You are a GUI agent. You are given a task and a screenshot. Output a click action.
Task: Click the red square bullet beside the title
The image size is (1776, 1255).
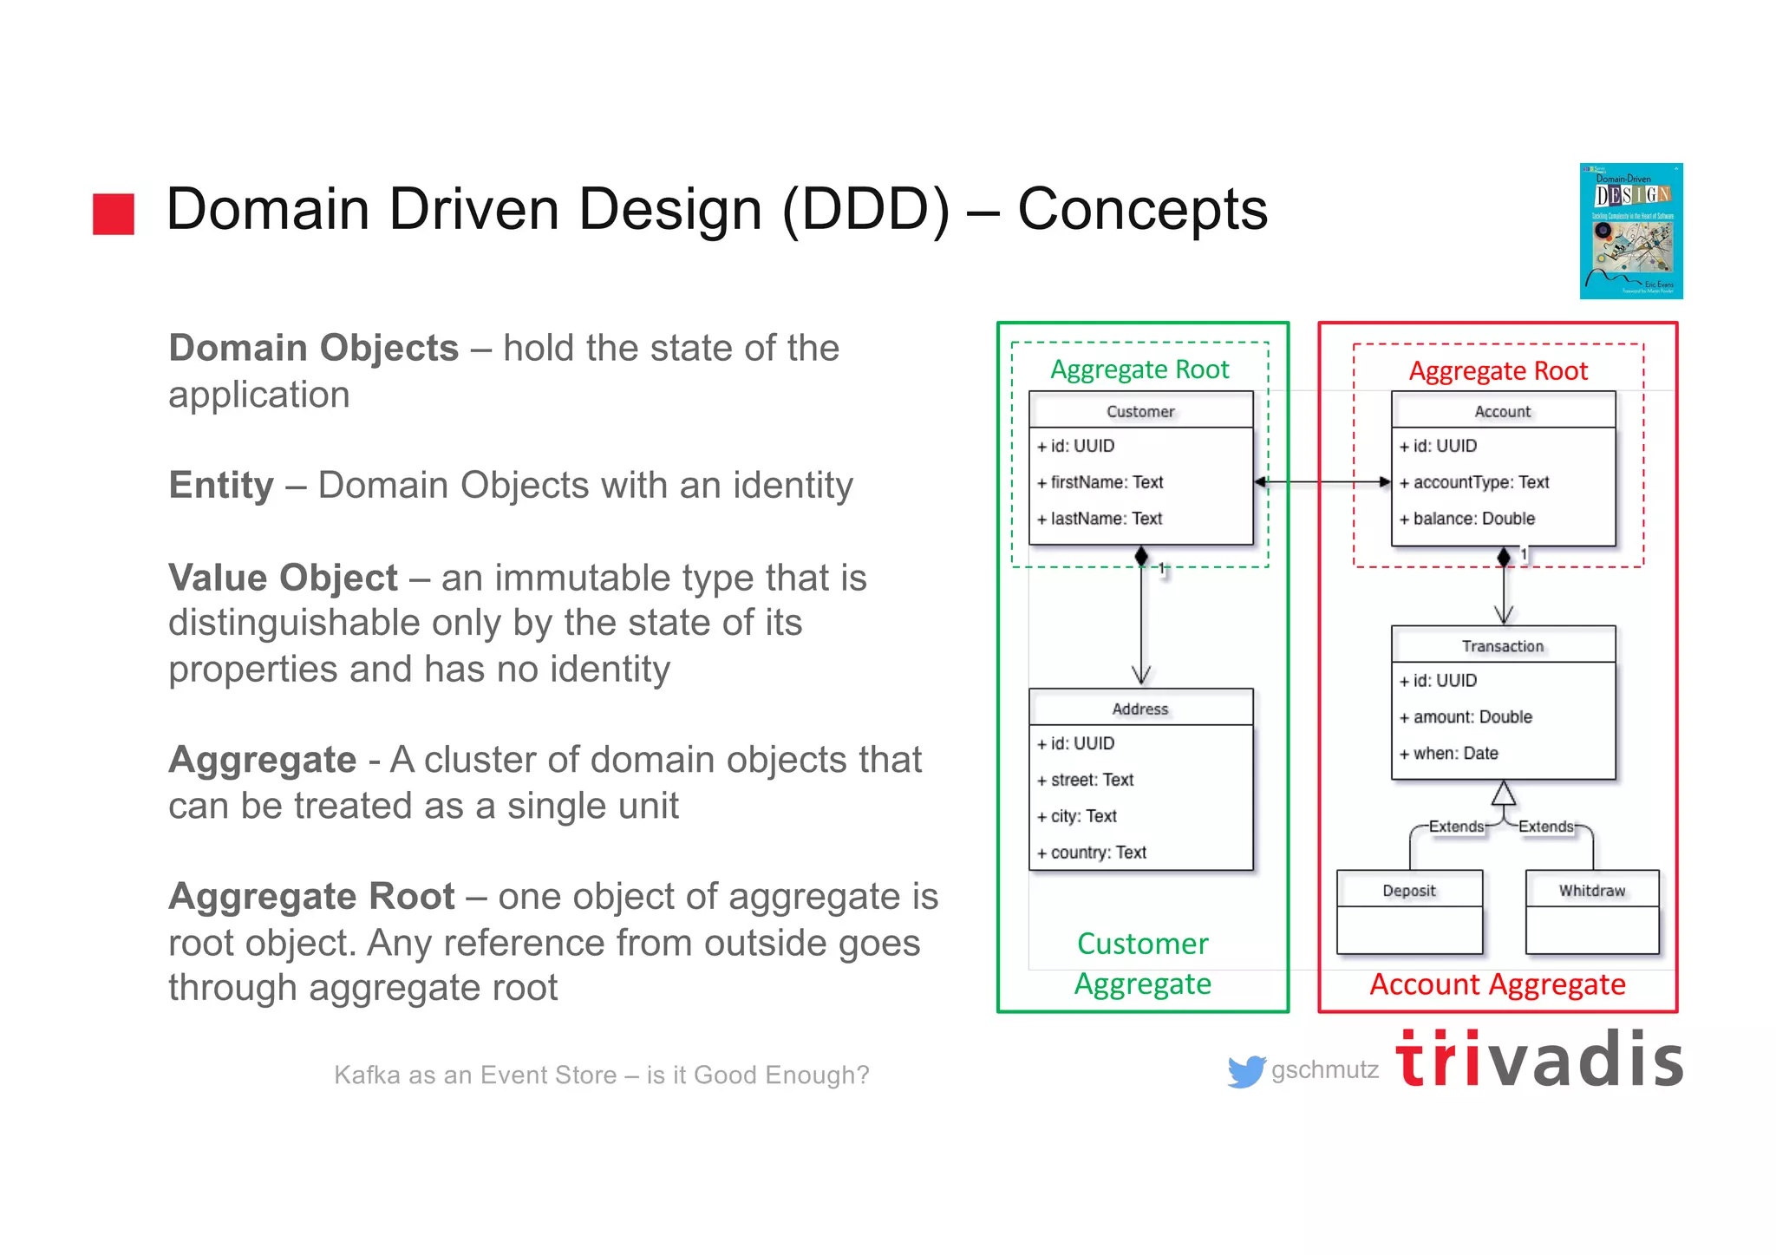(x=114, y=213)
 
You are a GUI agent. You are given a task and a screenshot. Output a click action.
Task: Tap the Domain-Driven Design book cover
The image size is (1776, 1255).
(x=1630, y=231)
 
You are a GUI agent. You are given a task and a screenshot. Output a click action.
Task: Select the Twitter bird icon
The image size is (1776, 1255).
(x=1246, y=1071)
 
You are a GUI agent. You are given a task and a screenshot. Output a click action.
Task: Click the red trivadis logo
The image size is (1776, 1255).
(x=1539, y=1059)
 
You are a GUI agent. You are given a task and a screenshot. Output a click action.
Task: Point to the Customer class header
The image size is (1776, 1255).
(x=1140, y=411)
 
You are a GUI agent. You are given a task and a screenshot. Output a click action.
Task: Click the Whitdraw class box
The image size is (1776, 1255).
(x=1592, y=912)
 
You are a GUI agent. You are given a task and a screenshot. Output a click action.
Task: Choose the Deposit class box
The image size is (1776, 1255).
(x=1409, y=912)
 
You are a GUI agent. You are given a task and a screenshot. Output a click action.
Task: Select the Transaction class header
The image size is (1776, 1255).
(x=1503, y=646)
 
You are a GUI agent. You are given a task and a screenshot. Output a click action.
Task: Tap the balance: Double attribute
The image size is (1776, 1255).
(x=1473, y=519)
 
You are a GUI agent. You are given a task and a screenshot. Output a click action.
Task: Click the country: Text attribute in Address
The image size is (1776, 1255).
(x=1098, y=853)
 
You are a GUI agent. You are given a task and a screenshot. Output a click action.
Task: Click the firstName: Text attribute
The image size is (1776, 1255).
(x=1107, y=482)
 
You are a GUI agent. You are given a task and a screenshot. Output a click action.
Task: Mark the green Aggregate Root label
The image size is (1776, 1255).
(x=1139, y=369)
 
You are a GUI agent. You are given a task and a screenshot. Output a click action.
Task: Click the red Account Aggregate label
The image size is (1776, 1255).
(x=1498, y=985)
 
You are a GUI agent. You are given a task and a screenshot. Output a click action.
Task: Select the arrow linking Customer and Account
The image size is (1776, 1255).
(x=1322, y=482)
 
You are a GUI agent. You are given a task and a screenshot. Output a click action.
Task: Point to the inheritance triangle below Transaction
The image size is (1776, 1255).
(x=1504, y=794)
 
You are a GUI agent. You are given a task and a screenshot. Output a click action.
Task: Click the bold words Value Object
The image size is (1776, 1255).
(x=283, y=578)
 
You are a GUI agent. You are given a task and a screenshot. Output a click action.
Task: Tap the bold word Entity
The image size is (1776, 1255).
(x=221, y=485)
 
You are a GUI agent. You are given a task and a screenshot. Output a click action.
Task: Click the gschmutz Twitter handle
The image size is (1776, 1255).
(x=1324, y=1070)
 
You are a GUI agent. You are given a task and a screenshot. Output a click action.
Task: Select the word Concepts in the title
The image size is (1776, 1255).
(x=1142, y=209)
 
